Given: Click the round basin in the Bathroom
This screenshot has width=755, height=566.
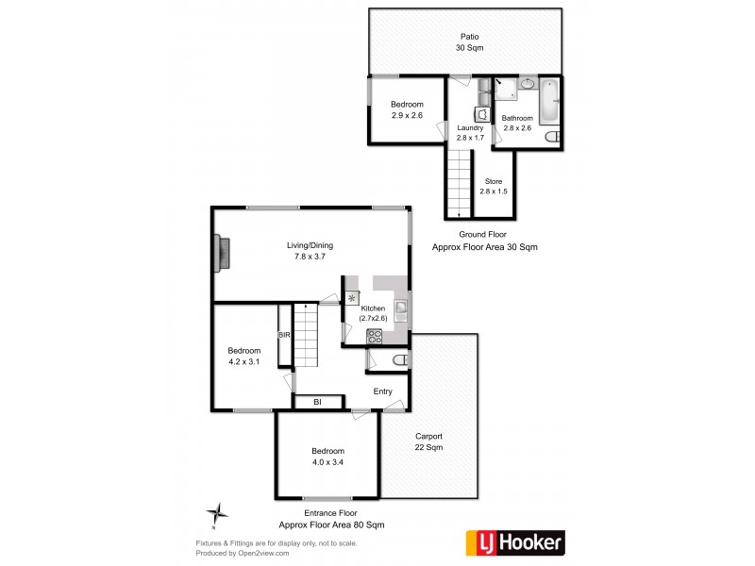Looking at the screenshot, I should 527,85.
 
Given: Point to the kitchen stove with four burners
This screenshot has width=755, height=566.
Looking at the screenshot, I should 374,335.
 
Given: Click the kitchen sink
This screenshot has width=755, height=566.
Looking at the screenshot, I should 401,306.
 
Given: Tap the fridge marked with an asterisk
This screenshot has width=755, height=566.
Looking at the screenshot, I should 352,298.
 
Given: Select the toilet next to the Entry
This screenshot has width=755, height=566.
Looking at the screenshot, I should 398,360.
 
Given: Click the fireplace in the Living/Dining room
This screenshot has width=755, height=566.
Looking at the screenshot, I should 222,253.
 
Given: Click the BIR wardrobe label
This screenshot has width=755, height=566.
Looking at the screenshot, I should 283,335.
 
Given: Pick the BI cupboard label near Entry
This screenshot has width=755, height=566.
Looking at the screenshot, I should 317,402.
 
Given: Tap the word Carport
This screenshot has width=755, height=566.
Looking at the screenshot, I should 428,436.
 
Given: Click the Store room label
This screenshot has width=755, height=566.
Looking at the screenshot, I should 494,181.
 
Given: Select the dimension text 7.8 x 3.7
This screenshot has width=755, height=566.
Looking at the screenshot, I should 310,257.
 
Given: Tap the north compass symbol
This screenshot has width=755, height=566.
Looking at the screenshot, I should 218,514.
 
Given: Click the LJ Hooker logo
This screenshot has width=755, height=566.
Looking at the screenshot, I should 516,541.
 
